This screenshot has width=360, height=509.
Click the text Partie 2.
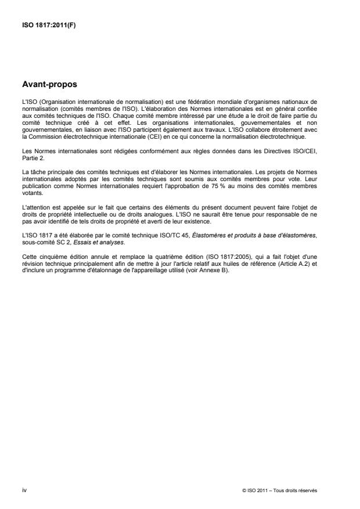pos(29,156)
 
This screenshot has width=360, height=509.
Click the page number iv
pos(24,490)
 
